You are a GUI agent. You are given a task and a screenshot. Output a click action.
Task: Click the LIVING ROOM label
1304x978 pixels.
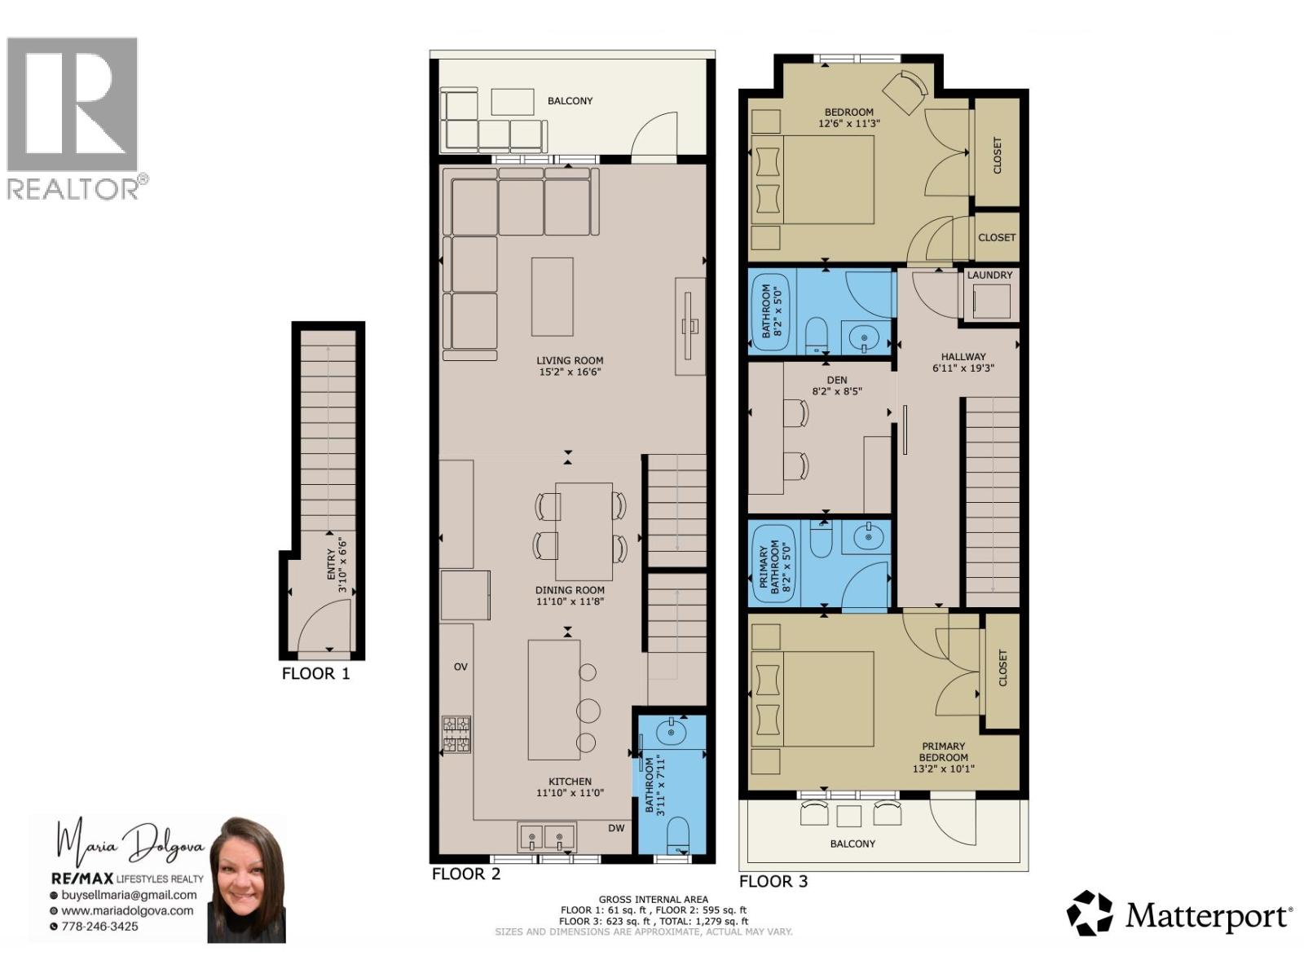pyautogui.click(x=570, y=360)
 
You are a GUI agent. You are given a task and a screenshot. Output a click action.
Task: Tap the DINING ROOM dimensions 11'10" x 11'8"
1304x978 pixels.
pyautogui.click(x=570, y=601)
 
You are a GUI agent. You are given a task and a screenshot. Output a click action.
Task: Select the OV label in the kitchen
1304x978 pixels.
pyautogui.click(x=460, y=667)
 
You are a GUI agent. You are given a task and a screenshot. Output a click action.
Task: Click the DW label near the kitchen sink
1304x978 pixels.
pyautogui.click(x=616, y=828)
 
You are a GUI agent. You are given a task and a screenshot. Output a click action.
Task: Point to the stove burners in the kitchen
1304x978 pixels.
pyautogui.click(x=456, y=733)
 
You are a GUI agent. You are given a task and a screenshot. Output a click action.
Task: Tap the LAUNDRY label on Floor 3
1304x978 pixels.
pyautogui.click(x=989, y=275)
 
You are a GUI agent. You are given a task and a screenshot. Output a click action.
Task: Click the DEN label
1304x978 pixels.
pyautogui.click(x=837, y=380)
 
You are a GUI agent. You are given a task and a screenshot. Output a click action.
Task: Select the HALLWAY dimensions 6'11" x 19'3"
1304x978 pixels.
pyautogui.click(x=963, y=368)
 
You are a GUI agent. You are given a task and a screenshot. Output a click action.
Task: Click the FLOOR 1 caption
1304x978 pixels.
pyautogui.click(x=315, y=674)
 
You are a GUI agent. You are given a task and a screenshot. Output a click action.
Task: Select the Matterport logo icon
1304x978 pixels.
pyautogui.click(x=1090, y=913)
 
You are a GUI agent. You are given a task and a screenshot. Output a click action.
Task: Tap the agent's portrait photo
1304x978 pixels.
pyautogui.click(x=246, y=880)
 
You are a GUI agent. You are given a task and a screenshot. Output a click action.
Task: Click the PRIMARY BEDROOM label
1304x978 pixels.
pyautogui.click(x=943, y=751)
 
